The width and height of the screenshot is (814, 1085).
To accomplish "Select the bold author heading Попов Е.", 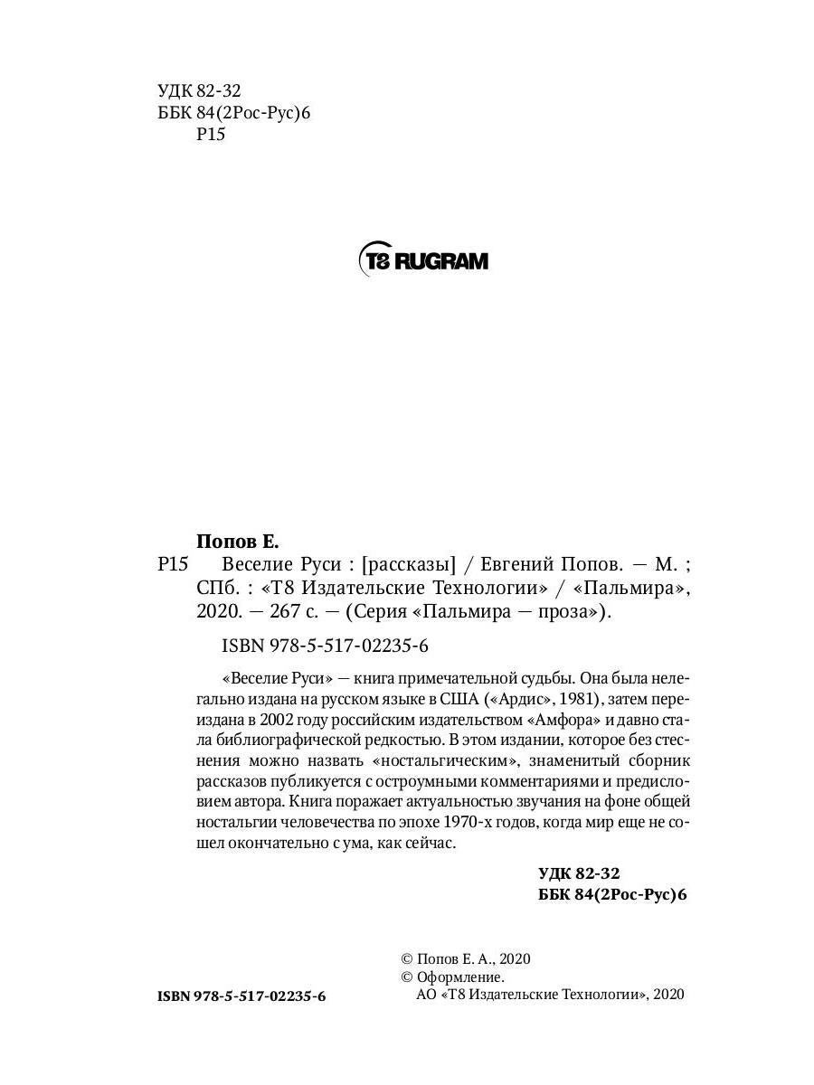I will pos(238,542).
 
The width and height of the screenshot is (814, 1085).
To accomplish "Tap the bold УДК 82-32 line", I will pos(578,873).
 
